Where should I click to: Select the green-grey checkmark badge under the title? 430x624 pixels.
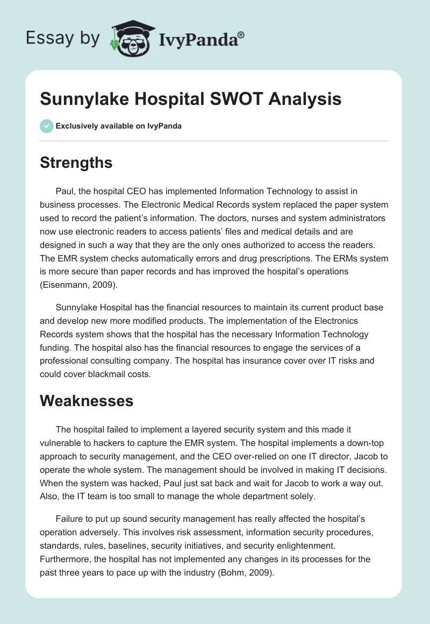[46, 126]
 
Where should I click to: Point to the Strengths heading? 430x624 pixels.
[76, 162]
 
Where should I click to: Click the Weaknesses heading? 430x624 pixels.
[87, 401]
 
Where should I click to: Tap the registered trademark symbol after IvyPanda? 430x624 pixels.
[241, 34]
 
